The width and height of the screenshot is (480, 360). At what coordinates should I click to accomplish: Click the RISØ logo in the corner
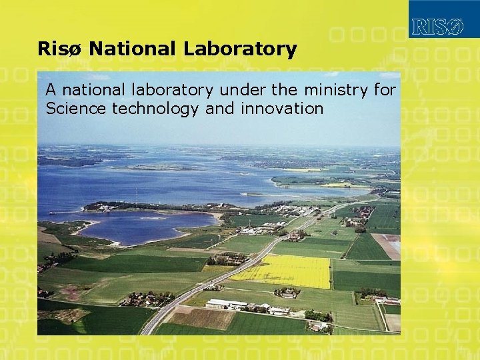point(437,27)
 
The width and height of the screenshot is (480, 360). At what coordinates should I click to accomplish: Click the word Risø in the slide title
point(60,49)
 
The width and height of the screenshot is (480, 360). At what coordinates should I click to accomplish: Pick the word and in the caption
point(218,109)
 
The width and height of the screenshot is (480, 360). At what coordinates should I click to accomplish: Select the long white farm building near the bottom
point(227,304)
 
